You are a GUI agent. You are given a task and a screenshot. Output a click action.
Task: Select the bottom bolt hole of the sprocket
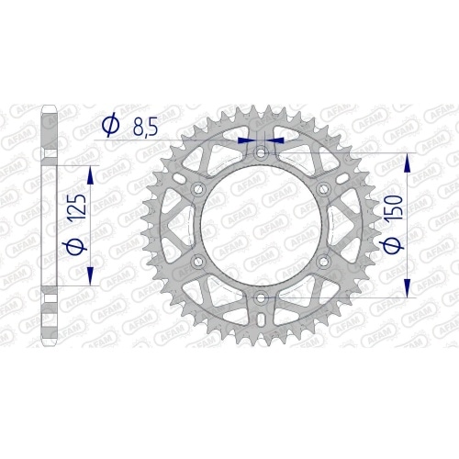(261, 298)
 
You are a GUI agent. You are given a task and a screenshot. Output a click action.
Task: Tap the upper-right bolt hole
(323, 189)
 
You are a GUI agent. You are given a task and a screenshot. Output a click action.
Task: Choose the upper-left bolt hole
(197, 189)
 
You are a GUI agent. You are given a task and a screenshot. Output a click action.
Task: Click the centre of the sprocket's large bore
(261, 226)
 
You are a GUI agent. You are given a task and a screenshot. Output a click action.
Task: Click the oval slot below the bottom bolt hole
(261, 319)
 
